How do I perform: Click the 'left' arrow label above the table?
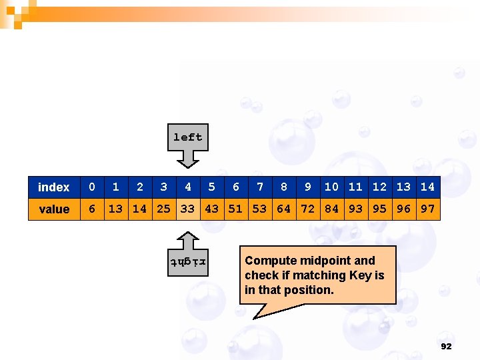pos(187,137)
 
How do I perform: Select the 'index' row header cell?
pos(54,187)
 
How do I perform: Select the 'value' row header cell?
pos(54,209)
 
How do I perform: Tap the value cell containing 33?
pos(188,209)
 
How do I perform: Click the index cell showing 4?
pos(188,187)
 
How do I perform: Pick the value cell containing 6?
pos(92,209)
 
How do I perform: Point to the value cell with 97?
pos(428,209)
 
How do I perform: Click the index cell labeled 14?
pos(428,187)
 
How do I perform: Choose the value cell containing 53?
pos(260,209)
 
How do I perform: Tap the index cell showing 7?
pos(260,187)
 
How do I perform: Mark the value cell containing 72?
pos(308,209)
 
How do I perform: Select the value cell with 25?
pos(164,209)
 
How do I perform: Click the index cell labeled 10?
pos(332,187)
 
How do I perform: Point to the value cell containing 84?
pos(332,209)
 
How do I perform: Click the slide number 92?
pos(446,347)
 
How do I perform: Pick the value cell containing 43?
pos(212,209)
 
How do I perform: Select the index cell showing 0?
pos(92,187)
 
